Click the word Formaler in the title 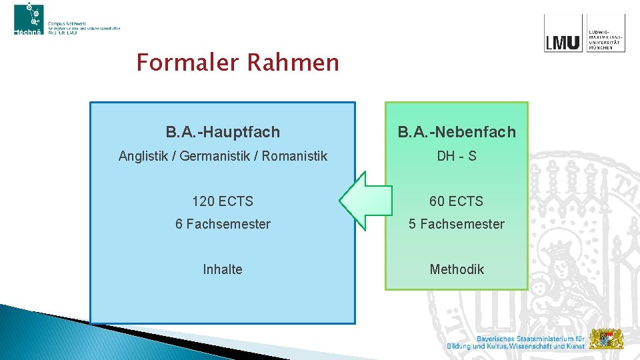pos(188,63)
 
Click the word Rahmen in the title pos(293,63)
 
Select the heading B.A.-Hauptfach pos(223,132)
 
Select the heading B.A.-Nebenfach pos(457,132)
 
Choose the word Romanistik pos(295,156)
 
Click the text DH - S pos(457,156)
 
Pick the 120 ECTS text pos(223,201)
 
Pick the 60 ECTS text pos(457,201)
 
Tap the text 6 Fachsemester pos(223,224)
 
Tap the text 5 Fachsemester pos(457,224)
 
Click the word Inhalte pos(223,269)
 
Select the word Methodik pos(457,269)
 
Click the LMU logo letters pos(563,41)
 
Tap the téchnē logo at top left pos(29,19)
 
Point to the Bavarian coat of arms pos(607,339)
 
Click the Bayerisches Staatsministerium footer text pos(517,342)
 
